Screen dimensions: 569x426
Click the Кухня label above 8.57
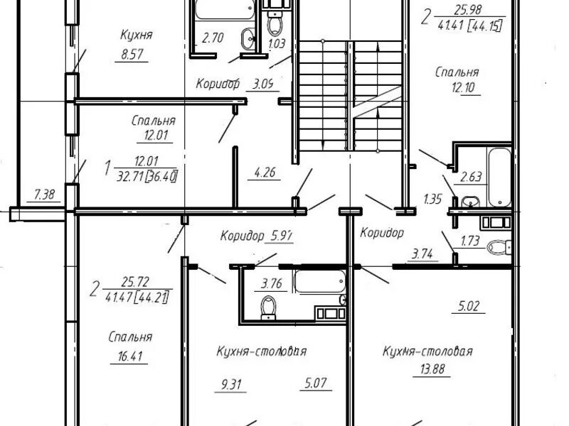tap(136, 35)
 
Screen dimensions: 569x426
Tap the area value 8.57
tap(132, 55)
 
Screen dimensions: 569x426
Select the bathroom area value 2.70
tap(213, 38)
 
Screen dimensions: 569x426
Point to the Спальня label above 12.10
tap(457, 72)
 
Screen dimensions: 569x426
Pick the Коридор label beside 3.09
tap(218, 84)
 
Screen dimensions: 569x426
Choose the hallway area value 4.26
tap(264, 172)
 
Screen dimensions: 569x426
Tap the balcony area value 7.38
tap(44, 195)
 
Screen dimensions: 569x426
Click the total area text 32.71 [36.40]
tap(147, 177)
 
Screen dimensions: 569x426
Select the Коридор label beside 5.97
tap(242, 236)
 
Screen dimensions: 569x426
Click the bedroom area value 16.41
tap(130, 356)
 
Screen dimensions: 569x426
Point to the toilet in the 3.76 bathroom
tap(269, 307)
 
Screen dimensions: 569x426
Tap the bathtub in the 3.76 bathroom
tap(319, 281)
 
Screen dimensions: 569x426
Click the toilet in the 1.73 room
tap(499, 247)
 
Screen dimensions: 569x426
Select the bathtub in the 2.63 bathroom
tap(500, 177)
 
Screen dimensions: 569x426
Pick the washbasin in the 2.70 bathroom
tap(248, 38)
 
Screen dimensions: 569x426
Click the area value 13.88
tap(432, 369)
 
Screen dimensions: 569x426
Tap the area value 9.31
tap(230, 384)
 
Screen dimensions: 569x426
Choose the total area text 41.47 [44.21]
tap(137, 297)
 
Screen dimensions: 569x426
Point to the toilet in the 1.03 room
tap(275, 23)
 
